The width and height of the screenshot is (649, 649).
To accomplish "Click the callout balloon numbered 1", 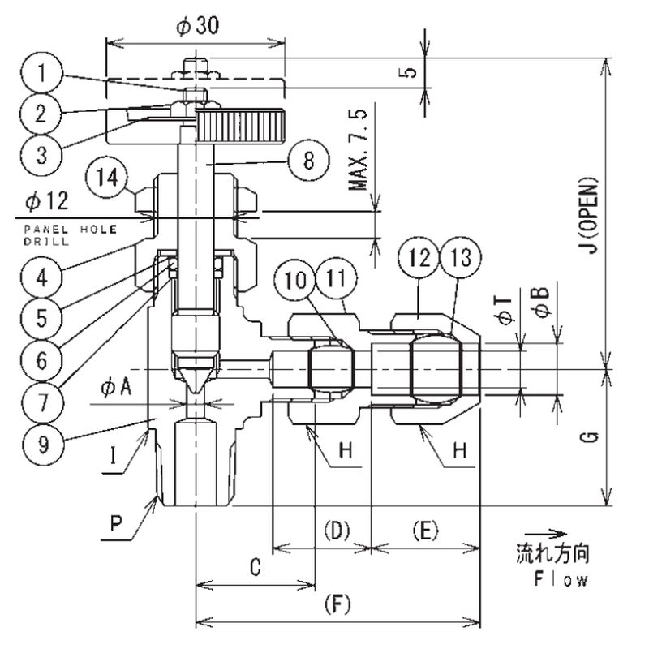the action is [41, 73].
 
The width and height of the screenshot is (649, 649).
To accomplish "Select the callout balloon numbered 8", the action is [308, 160].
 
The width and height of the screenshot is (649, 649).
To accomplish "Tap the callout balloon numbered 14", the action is [107, 178].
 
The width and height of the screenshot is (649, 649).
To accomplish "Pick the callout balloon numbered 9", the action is [43, 443].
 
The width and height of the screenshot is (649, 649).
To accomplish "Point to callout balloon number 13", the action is [461, 257].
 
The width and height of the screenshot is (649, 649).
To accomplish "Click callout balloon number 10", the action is [295, 280].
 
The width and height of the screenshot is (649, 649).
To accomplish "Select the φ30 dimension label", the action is [197, 26].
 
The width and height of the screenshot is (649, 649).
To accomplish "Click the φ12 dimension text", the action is [47, 201].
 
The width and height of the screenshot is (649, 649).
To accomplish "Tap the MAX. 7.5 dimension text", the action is [359, 150].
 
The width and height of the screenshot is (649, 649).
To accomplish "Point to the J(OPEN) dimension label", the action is [587, 215].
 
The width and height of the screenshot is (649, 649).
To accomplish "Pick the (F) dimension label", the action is [337, 604].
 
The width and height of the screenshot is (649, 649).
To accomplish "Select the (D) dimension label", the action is [337, 531].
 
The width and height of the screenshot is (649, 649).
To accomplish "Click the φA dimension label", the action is [116, 388].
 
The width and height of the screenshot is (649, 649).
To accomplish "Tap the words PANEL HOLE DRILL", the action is [70, 234].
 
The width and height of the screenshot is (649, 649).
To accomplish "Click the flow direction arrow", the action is [545, 534].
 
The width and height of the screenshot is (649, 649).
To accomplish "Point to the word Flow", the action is [561, 579].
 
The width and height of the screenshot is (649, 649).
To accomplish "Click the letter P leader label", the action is [116, 523].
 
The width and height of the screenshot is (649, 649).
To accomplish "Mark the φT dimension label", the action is [505, 310].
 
